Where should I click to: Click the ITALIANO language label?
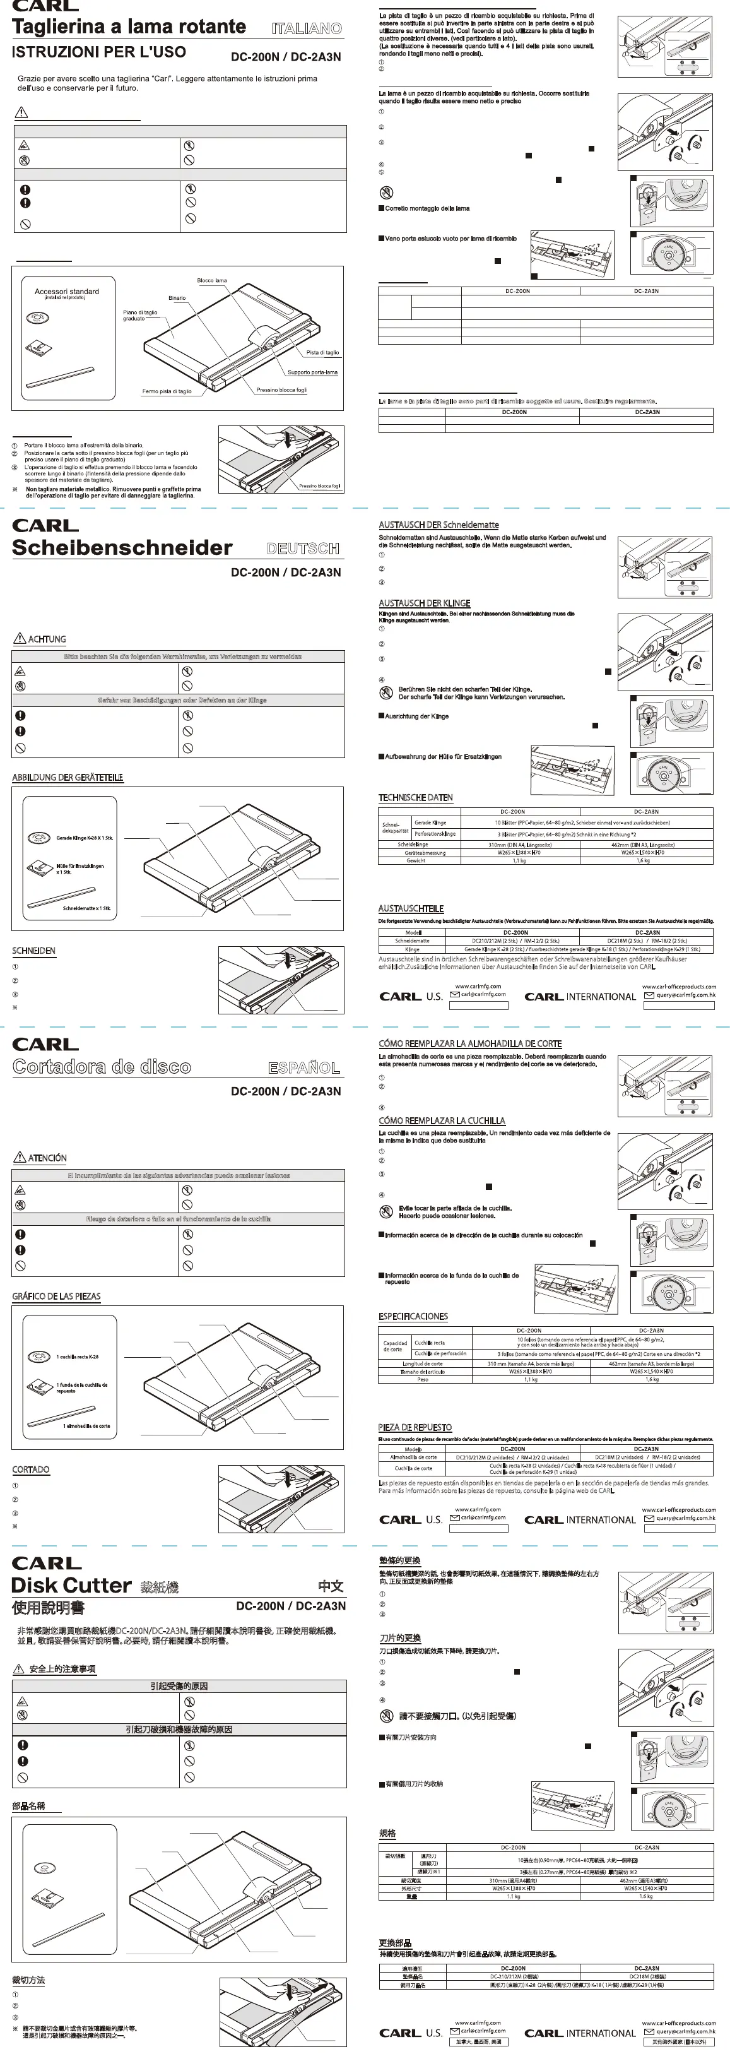306,28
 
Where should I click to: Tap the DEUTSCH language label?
303,549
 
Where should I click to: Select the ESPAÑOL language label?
303,1067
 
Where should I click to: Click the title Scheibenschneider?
122,548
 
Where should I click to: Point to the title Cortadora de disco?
102,1067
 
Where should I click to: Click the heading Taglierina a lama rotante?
129,27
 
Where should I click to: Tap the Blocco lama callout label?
212,281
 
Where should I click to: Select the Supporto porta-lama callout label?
312,372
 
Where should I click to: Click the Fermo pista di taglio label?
167,391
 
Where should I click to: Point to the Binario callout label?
177,298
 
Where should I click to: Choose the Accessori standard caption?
67,292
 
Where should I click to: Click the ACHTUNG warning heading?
47,639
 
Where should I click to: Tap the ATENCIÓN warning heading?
47,1158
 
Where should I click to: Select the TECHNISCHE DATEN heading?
415,797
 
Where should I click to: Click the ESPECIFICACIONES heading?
413,1317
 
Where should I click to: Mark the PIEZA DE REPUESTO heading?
415,1427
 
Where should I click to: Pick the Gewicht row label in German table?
415,860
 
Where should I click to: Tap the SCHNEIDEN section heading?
33,951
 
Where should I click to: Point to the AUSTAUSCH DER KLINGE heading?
424,603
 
